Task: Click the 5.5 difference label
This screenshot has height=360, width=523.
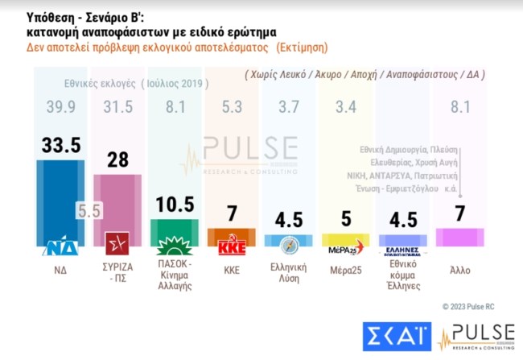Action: [x=89, y=210]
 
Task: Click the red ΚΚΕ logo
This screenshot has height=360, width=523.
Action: [x=231, y=246]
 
